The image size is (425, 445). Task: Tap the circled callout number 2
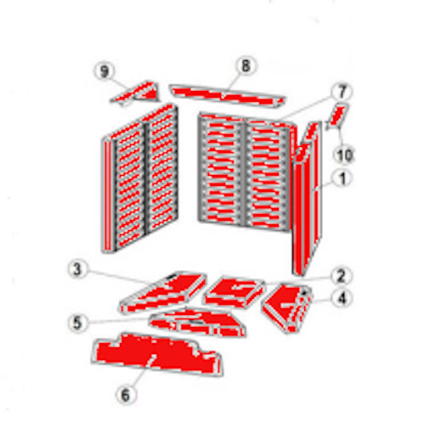pyautogui.click(x=340, y=275)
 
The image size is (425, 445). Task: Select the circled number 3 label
pyautogui.click(x=78, y=271)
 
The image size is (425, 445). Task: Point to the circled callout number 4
pyautogui.click(x=341, y=298)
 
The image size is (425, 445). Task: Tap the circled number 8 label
pyautogui.click(x=246, y=65)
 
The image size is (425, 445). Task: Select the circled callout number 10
pyautogui.click(x=343, y=155)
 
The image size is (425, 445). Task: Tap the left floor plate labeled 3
pyautogui.click(x=161, y=292)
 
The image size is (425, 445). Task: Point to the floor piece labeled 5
pyautogui.click(x=195, y=322)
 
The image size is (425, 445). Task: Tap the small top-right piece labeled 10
pyautogui.click(x=337, y=114)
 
